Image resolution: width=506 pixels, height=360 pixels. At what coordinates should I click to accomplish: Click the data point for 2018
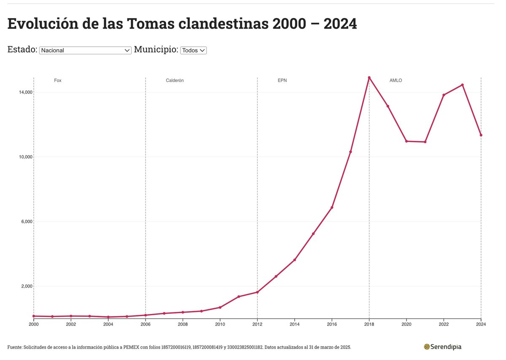click(x=369, y=78)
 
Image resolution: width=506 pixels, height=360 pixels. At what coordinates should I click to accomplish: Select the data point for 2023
click(x=462, y=85)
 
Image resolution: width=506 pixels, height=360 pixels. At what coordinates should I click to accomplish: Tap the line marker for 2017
click(x=350, y=152)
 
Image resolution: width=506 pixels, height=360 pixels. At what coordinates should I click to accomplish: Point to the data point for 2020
click(x=406, y=141)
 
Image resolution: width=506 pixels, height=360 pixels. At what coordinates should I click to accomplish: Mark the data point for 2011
click(x=239, y=297)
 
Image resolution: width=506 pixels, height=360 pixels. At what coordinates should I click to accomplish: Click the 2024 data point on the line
click(x=481, y=135)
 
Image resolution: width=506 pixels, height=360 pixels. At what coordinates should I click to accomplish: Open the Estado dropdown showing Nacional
click(x=85, y=50)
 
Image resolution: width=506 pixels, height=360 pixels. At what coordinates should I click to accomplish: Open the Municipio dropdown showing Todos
click(x=193, y=50)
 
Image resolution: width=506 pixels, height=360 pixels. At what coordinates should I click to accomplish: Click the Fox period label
click(x=58, y=80)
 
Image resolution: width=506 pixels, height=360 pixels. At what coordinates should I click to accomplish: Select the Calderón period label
click(x=175, y=80)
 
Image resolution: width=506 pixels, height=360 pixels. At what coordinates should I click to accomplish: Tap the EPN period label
click(x=282, y=80)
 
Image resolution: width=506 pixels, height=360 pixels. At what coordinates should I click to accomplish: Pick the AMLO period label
click(x=396, y=80)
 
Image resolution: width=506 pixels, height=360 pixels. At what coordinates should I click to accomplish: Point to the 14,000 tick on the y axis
click(x=22, y=92)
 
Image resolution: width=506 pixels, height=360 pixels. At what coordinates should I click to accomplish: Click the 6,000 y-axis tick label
click(x=23, y=222)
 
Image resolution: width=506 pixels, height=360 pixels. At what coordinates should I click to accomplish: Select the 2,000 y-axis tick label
click(x=23, y=286)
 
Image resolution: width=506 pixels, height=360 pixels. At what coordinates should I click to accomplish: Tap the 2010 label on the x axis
click(x=220, y=324)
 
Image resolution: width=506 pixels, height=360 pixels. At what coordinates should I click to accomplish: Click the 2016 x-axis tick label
click(x=332, y=324)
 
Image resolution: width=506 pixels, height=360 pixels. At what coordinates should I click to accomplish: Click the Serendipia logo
click(x=442, y=347)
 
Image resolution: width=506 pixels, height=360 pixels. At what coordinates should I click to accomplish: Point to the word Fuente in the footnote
click(x=15, y=347)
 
